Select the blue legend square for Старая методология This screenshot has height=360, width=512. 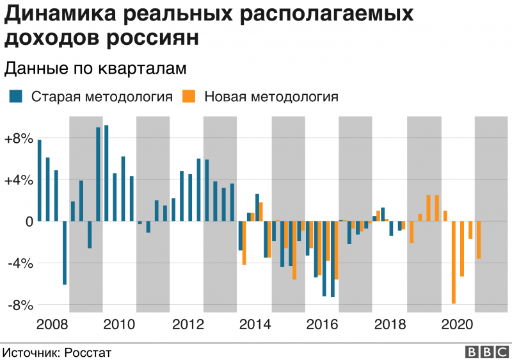coord(17,97)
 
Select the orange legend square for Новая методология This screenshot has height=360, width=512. coord(189,97)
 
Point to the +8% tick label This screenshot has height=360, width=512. coord(17,138)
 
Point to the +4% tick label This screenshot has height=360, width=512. coord(17,180)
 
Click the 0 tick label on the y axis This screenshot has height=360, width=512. coord(27,222)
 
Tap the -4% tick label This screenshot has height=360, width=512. coord(18,263)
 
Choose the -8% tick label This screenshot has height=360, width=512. coord(18,305)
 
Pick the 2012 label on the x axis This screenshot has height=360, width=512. coord(186,324)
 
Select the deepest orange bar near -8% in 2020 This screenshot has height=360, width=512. coord(454,262)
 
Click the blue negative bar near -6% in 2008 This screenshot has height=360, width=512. coord(65,252)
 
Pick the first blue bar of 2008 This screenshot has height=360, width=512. coord(40,180)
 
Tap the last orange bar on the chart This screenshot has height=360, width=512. coord(479,240)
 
